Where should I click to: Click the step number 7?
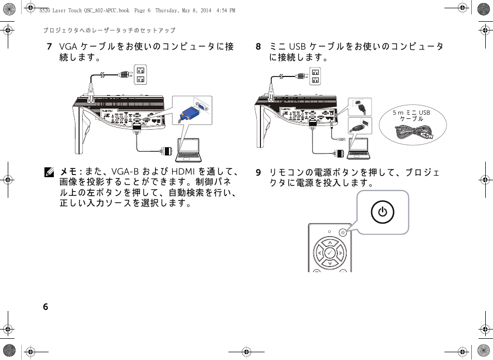point(49,47)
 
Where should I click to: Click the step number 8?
point(258,47)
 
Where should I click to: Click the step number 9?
point(258,173)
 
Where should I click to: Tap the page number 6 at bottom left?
point(45,306)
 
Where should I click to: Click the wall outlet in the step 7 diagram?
point(140,75)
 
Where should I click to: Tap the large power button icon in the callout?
point(382,212)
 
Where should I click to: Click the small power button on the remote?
point(343,232)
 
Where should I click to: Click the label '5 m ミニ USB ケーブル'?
point(411,115)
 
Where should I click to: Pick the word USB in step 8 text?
point(298,47)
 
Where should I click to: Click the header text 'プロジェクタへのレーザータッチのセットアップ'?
point(109,30)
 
